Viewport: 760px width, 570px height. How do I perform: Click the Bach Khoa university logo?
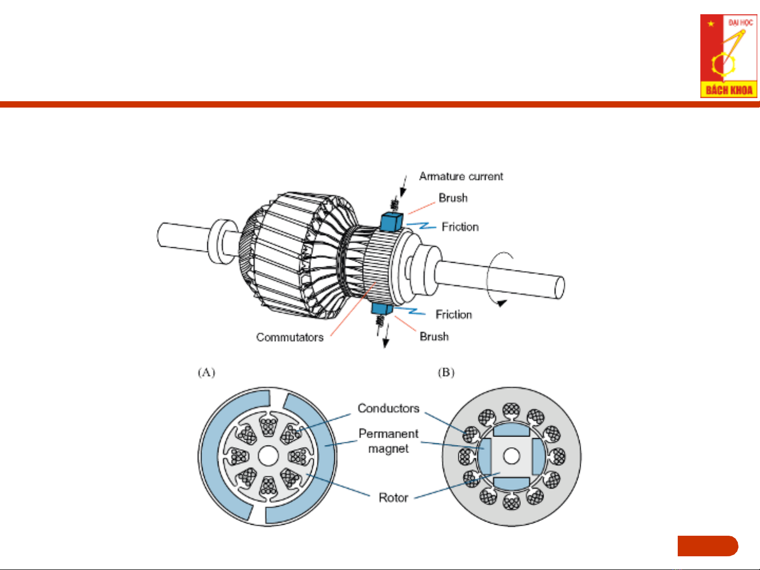(x=728, y=56)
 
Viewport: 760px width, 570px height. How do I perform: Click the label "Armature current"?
(x=461, y=176)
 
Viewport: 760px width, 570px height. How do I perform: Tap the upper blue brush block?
(x=391, y=221)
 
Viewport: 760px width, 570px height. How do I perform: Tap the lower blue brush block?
(x=382, y=308)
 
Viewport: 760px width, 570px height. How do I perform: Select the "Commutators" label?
(x=290, y=337)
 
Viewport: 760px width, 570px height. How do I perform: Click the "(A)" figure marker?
(x=206, y=373)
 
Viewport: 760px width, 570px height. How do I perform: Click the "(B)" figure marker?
(x=446, y=373)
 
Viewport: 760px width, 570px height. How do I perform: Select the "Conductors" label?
(x=388, y=408)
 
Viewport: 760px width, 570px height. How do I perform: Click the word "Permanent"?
(x=388, y=433)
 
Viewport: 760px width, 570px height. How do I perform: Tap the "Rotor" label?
(x=393, y=497)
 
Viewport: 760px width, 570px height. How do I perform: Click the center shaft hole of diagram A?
(x=268, y=456)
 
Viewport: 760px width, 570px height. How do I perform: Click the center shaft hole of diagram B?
(x=511, y=456)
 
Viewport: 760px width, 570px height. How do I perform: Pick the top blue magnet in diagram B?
(x=511, y=430)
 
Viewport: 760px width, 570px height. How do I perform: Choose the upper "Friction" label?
(x=460, y=227)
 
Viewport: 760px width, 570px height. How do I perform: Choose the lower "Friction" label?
(x=454, y=314)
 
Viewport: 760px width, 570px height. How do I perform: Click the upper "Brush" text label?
(x=453, y=198)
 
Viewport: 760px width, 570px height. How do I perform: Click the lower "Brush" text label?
(x=434, y=336)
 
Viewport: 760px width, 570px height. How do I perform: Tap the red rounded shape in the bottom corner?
(x=708, y=546)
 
